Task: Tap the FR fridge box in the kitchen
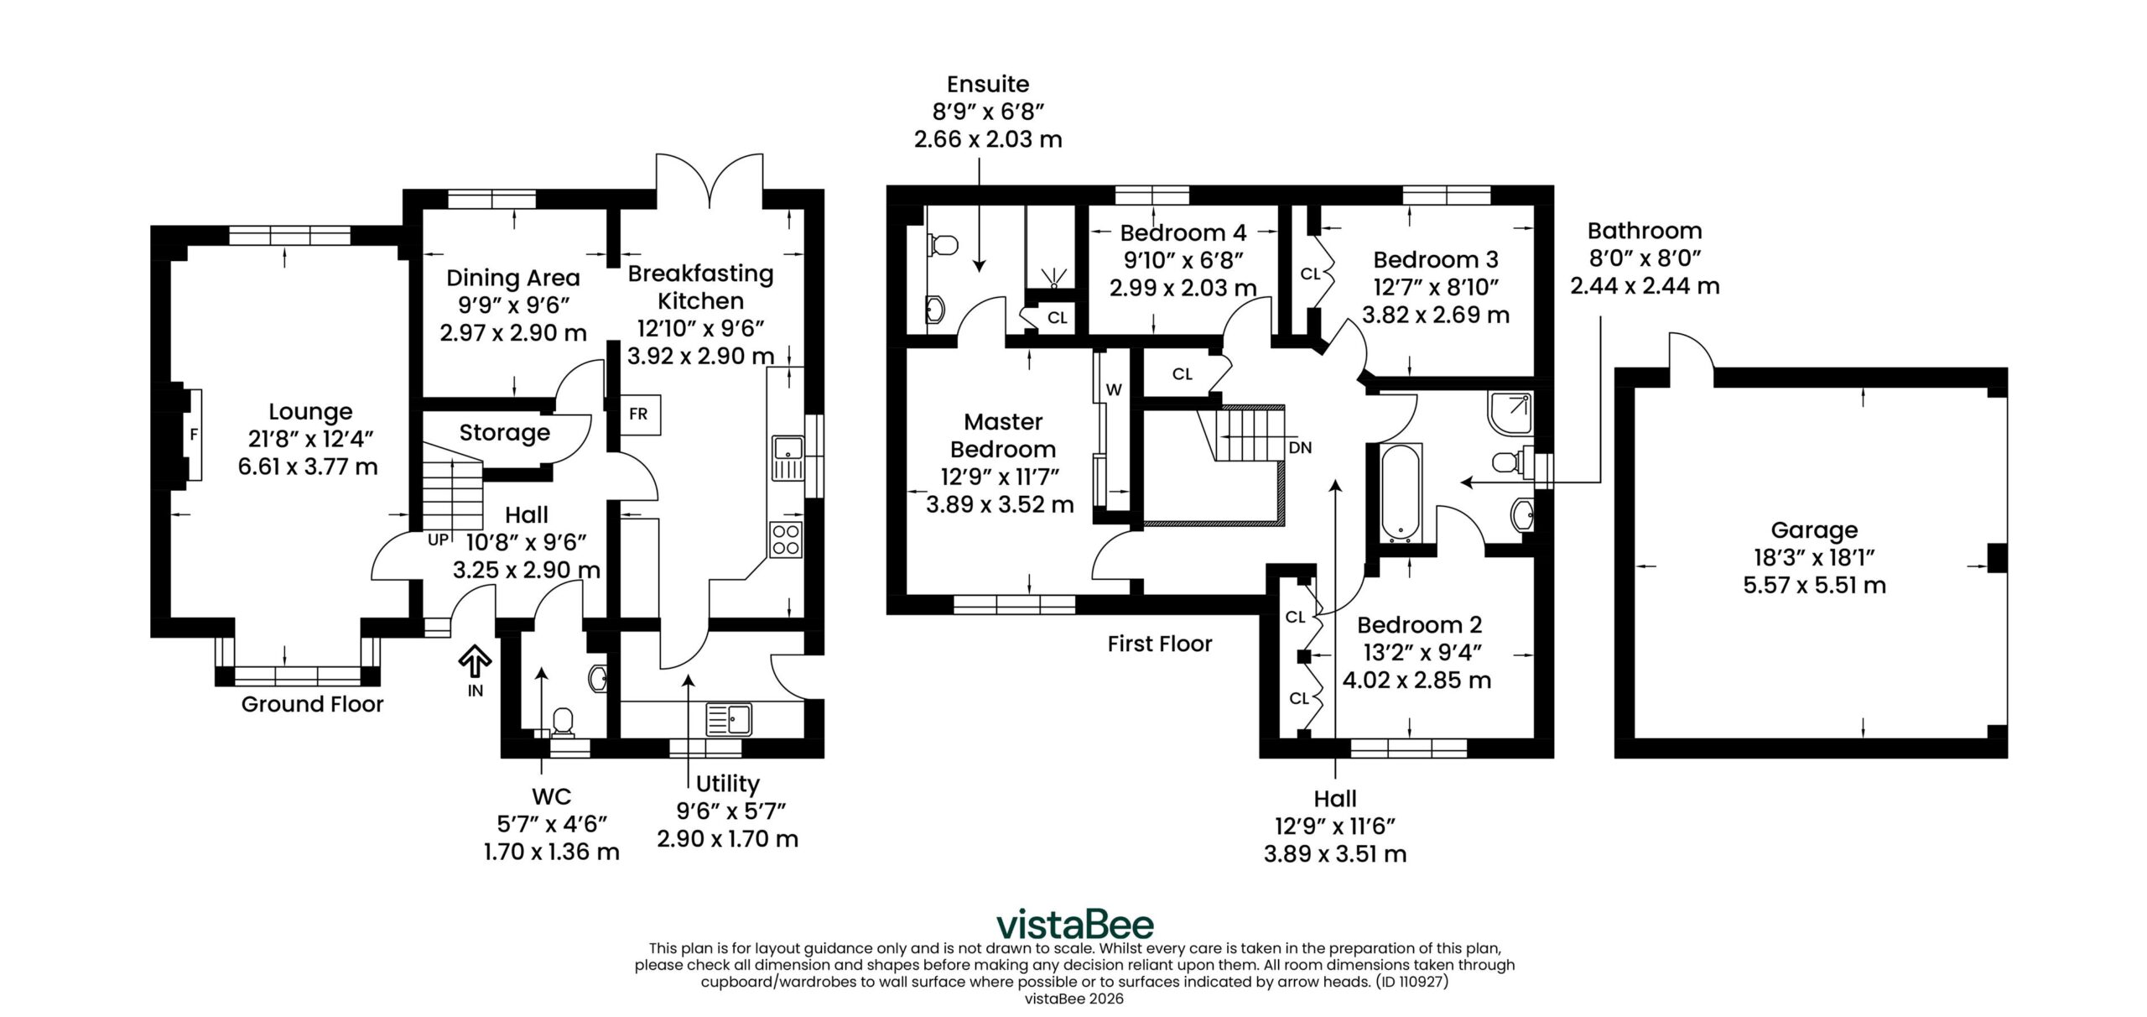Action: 639,414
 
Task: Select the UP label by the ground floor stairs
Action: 438,540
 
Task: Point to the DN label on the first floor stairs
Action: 1300,448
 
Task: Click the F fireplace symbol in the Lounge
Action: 194,435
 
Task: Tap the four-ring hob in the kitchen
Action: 786,539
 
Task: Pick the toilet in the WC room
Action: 563,724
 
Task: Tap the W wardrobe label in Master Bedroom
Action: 1114,389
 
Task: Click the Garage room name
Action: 1814,530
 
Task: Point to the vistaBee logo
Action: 1074,925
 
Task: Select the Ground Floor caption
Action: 312,704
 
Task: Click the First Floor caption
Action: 1160,644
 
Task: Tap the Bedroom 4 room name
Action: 1183,232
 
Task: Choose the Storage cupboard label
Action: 505,433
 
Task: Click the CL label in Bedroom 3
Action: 1310,274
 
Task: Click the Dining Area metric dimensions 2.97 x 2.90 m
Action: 513,333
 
